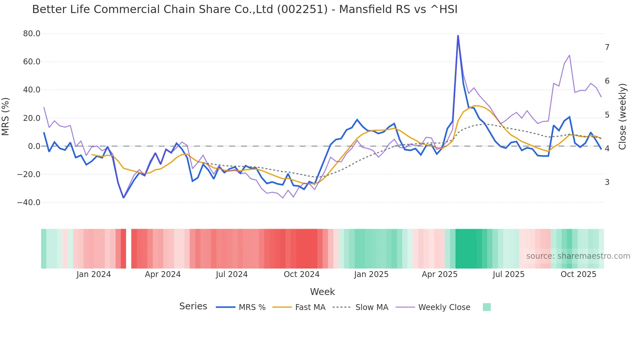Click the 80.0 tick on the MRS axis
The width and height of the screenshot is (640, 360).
point(32,34)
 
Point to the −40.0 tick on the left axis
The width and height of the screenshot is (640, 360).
point(29,203)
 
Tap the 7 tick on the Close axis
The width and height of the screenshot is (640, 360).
point(607,47)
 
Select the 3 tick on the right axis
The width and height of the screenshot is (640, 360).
point(607,182)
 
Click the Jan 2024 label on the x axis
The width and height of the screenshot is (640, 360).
point(94,274)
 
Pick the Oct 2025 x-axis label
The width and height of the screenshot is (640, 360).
point(578,274)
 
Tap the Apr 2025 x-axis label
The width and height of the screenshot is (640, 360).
point(440,274)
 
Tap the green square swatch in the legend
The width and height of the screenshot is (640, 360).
point(487,307)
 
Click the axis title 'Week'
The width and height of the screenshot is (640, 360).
point(322,292)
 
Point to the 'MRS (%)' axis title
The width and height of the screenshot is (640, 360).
point(6,116)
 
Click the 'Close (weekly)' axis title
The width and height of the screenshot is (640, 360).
point(622,117)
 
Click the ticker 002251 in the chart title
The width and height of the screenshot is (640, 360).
point(302,9)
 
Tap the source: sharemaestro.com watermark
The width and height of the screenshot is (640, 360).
point(578,256)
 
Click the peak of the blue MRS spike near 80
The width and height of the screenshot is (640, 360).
point(458,35)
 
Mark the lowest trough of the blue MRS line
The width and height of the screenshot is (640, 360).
point(123,198)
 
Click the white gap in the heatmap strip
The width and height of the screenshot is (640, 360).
point(129,249)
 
